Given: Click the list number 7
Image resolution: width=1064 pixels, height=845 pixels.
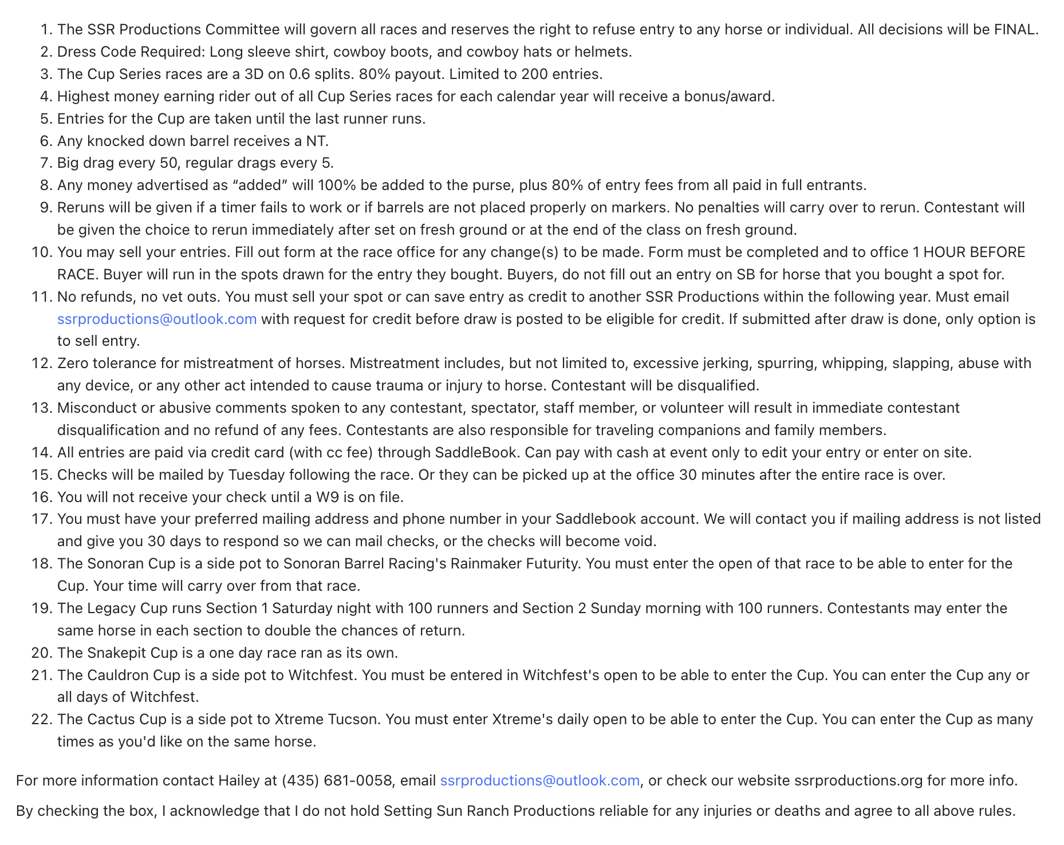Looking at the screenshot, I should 45,163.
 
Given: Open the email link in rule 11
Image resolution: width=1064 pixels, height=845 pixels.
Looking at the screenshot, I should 157,319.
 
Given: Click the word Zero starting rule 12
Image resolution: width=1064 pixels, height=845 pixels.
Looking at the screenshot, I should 73,364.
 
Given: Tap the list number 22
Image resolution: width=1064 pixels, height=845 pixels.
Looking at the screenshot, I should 42,719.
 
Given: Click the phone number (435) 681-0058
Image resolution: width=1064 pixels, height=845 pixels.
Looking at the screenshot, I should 337,780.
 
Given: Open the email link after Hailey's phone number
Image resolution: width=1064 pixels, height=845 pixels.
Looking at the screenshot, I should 539,780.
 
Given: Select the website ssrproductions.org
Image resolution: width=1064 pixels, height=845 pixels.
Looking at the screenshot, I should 858,780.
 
